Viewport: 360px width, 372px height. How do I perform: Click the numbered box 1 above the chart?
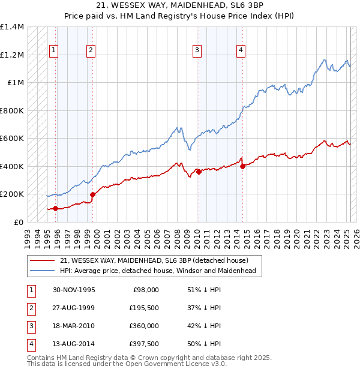pyautogui.click(x=54, y=50)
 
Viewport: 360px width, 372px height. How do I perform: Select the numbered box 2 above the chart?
pyautogui.click(x=91, y=50)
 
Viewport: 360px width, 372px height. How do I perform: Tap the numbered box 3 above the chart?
pyautogui.click(x=197, y=50)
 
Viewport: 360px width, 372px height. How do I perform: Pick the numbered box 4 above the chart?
pyautogui.click(x=241, y=50)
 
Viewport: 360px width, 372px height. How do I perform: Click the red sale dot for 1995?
pyautogui.click(x=55, y=208)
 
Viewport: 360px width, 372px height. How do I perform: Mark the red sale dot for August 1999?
pyautogui.click(x=92, y=194)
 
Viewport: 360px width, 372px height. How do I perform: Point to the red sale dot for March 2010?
pyautogui.click(x=199, y=172)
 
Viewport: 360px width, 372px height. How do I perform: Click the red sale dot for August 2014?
pyautogui.click(x=242, y=167)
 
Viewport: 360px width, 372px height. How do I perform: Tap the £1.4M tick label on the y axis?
pyautogui.click(x=12, y=27)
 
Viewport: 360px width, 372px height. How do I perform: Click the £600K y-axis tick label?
pyautogui.click(x=12, y=139)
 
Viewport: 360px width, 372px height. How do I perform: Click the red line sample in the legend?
pyautogui.click(x=42, y=260)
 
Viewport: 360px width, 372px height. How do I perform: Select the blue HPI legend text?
pyautogui.click(x=158, y=271)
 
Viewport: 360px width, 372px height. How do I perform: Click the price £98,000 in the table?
pyautogui.click(x=146, y=290)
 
